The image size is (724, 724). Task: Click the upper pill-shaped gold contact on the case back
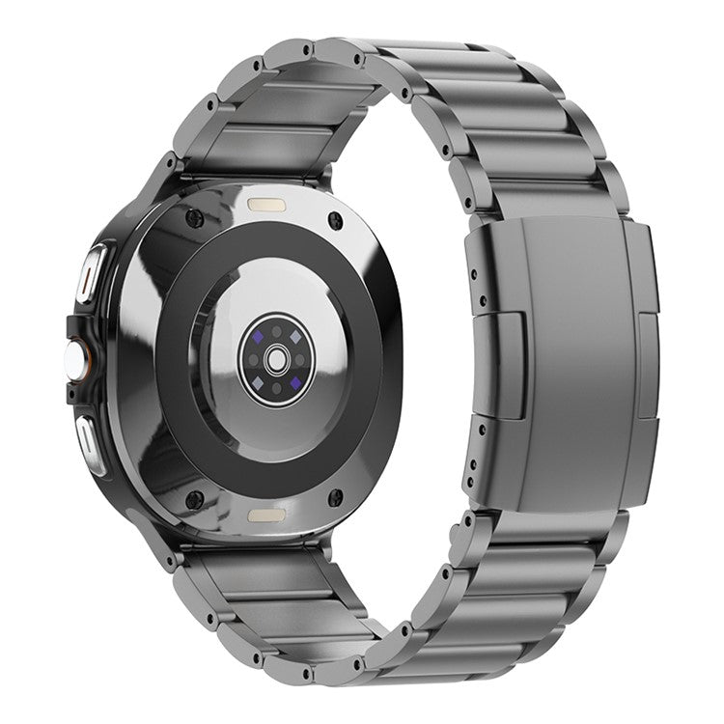pyautogui.click(x=266, y=206)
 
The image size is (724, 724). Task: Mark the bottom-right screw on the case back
pyautogui.click(x=335, y=498)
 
